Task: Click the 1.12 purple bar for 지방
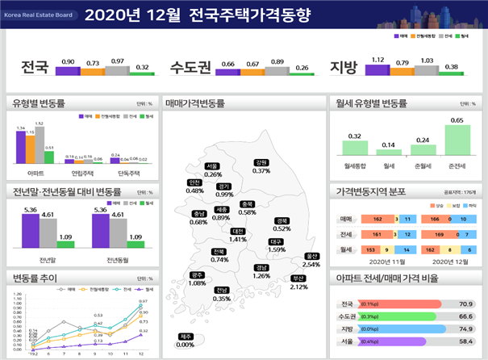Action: click(x=377, y=69)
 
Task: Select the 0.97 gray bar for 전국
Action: click(x=118, y=69)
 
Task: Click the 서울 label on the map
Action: click(x=213, y=166)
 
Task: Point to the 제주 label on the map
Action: click(x=186, y=336)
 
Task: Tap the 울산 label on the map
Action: click(x=311, y=256)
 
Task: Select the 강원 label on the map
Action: click(x=261, y=162)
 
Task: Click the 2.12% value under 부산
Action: click(x=298, y=287)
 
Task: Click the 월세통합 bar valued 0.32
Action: click(x=354, y=148)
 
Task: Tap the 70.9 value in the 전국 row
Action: click(x=464, y=303)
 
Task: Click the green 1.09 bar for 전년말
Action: click(x=65, y=243)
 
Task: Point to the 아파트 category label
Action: click(x=35, y=173)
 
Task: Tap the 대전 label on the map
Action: click(x=238, y=231)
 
